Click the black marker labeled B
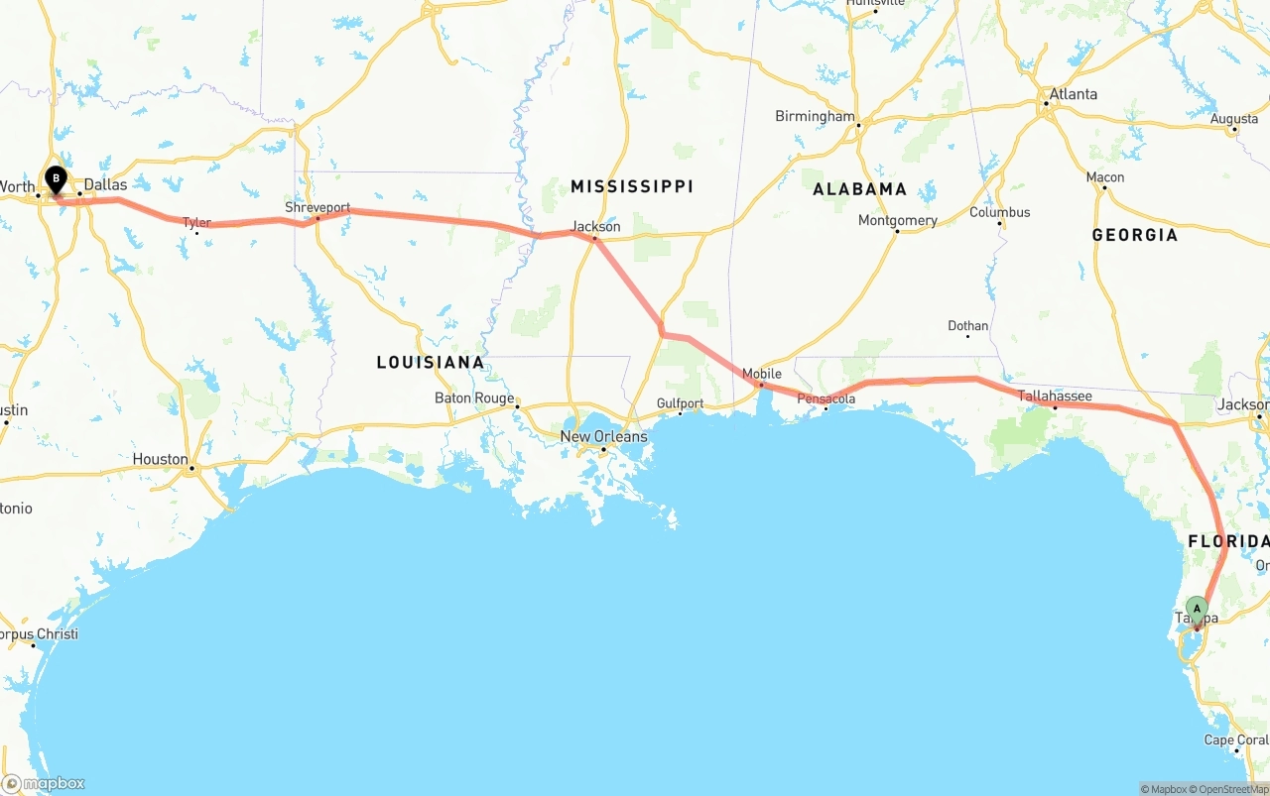57,180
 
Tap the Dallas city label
105,184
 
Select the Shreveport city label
317,207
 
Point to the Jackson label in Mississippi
595,226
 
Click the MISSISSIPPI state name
631,186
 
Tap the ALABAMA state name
859,188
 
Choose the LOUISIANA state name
431,362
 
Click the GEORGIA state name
1134,235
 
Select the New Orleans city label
603,436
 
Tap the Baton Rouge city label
474,398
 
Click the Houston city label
160,459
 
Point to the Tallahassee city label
1055,396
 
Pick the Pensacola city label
825,398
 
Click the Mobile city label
762,374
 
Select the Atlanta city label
1074,94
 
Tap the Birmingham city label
815,116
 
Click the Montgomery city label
898,220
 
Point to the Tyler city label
196,222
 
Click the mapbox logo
44,783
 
